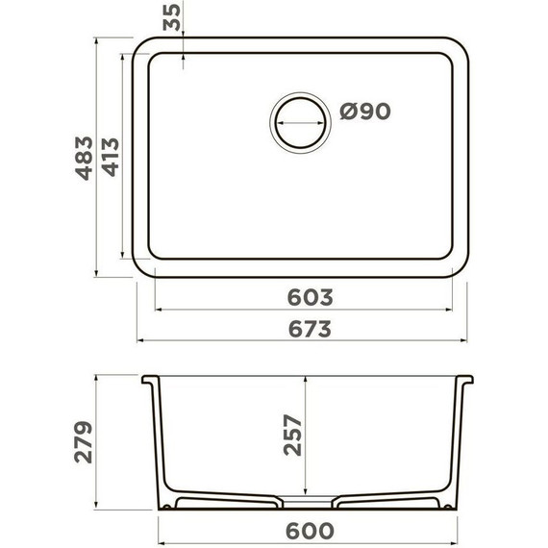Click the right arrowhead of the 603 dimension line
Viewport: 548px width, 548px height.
pos(454,310)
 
